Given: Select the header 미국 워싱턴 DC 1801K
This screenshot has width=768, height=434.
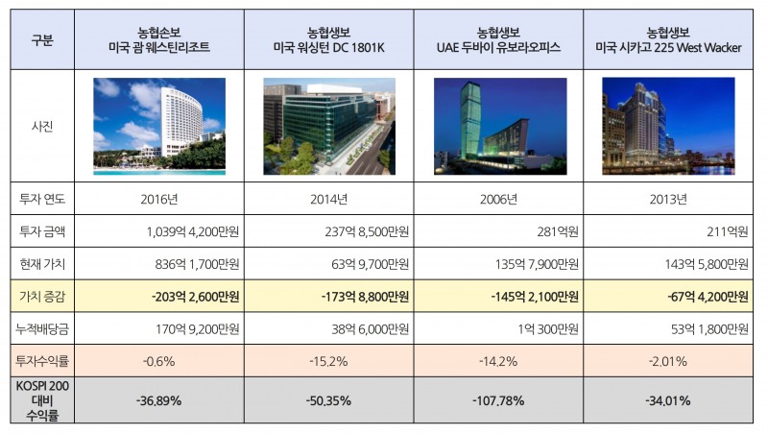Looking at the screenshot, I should point(328,48).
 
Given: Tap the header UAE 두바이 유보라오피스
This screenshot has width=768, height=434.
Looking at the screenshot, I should point(498,48).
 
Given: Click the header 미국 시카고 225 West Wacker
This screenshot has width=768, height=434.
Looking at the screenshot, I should point(668,48).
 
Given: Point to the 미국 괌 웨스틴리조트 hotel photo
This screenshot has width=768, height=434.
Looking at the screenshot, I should point(158,126).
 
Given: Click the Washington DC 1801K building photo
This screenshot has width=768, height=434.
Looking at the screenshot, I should point(327,126).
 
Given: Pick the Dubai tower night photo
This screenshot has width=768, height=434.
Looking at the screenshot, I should point(497,126).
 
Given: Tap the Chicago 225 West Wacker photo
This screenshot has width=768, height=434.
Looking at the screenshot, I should point(668,126).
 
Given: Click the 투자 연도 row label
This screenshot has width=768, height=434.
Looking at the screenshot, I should point(42,199).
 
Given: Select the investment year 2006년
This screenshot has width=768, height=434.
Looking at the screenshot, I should point(497,199).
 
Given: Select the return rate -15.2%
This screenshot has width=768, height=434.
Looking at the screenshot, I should point(328,362).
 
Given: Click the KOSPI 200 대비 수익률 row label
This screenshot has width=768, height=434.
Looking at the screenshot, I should point(42,400).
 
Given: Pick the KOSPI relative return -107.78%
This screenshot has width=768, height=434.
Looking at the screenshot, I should point(497,400).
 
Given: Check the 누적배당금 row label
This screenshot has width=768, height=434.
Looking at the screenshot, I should point(42,329).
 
